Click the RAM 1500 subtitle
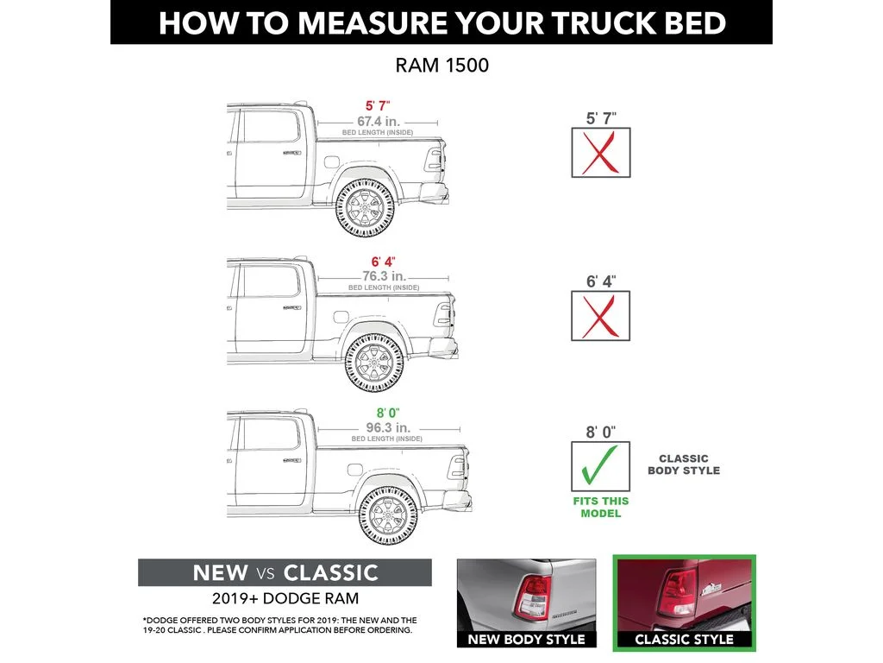(441, 65)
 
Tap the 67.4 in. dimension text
(379, 122)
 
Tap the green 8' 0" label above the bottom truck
(386, 413)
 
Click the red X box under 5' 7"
(601, 153)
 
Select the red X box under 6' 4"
(601, 316)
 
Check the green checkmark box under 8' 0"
(601, 467)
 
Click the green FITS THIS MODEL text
(601, 507)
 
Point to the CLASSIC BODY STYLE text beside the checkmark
(684, 464)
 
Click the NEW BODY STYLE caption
(526, 640)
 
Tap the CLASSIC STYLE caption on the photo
(684, 640)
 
